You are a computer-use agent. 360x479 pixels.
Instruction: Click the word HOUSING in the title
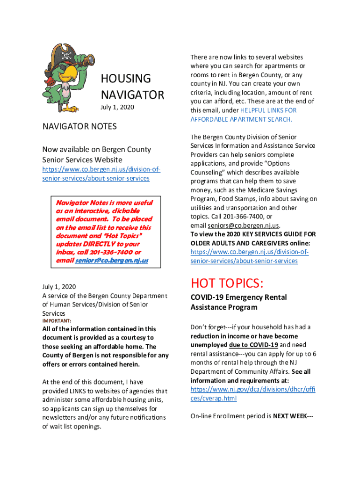point(126,79)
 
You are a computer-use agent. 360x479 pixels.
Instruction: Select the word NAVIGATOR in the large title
point(132,95)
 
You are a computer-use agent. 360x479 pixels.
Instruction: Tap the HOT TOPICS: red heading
point(227,283)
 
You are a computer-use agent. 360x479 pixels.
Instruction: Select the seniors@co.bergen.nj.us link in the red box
point(112,260)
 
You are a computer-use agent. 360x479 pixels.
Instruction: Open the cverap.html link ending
point(213,398)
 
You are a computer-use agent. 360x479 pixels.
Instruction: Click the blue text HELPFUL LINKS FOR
point(268,110)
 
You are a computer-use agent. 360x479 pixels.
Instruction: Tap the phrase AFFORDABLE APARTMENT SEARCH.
point(241,119)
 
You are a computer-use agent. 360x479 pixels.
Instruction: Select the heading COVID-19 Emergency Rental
point(238,298)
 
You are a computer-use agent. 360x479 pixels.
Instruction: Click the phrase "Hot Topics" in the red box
point(124,235)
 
